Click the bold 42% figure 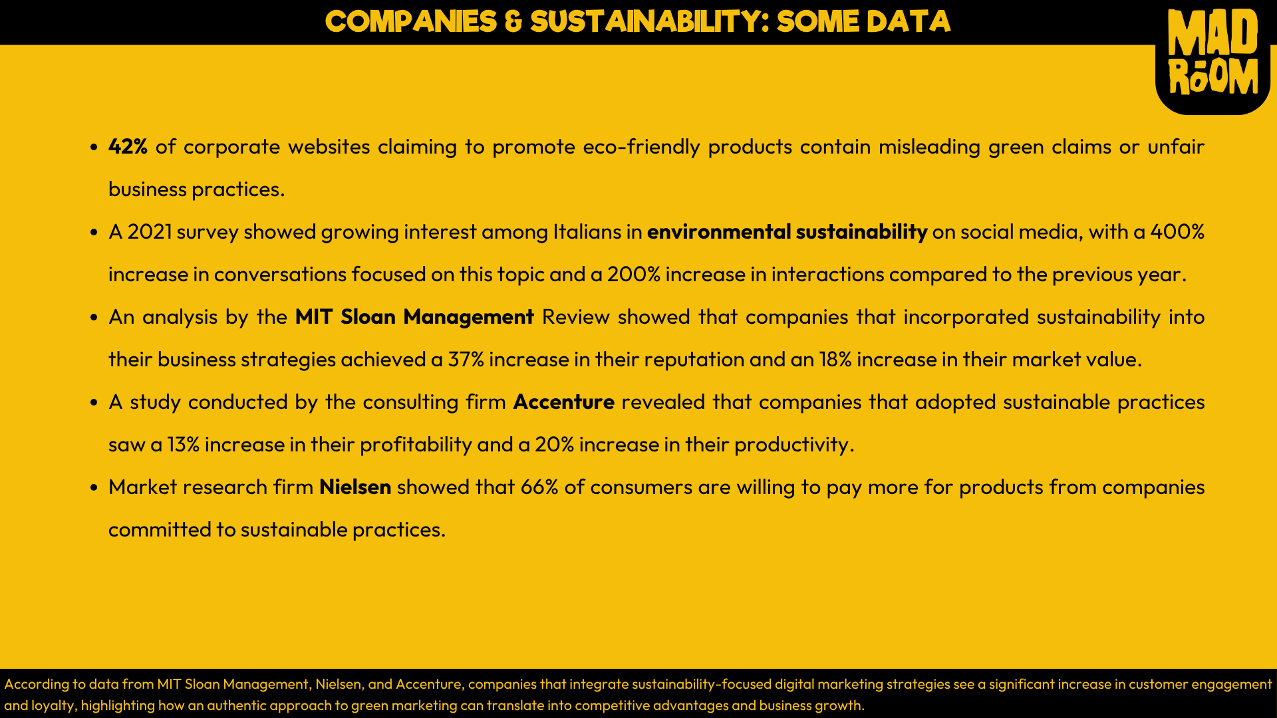128,147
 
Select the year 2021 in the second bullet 150,232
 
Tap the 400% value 1177,232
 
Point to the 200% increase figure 633,275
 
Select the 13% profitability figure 183,445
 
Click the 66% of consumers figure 539,487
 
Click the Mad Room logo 1212,53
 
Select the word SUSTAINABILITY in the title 648,22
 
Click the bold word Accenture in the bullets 563,402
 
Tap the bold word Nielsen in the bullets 355,487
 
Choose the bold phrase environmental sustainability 787,232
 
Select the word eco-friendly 641,147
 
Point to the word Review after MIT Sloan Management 575,317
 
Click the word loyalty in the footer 53,705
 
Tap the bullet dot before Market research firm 94,487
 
